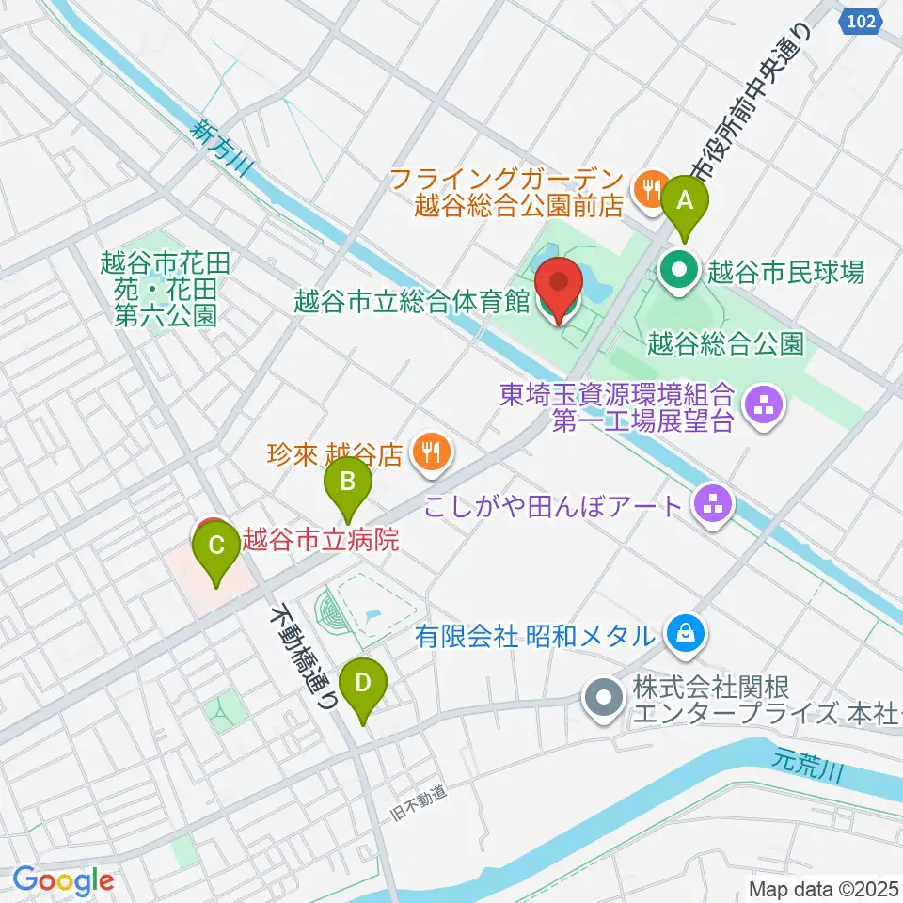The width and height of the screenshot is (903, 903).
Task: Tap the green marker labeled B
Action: pos(347,483)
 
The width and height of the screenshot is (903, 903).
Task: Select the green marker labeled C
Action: pos(215,546)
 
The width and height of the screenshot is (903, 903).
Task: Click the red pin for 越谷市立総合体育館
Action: pos(558,283)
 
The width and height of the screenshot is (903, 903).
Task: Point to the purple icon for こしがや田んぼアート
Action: pos(712,507)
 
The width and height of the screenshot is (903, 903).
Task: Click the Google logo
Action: pos(63,881)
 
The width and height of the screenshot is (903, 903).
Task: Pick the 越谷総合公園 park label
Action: pos(726,343)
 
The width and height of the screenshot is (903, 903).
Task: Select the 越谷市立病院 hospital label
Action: pos(320,540)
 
